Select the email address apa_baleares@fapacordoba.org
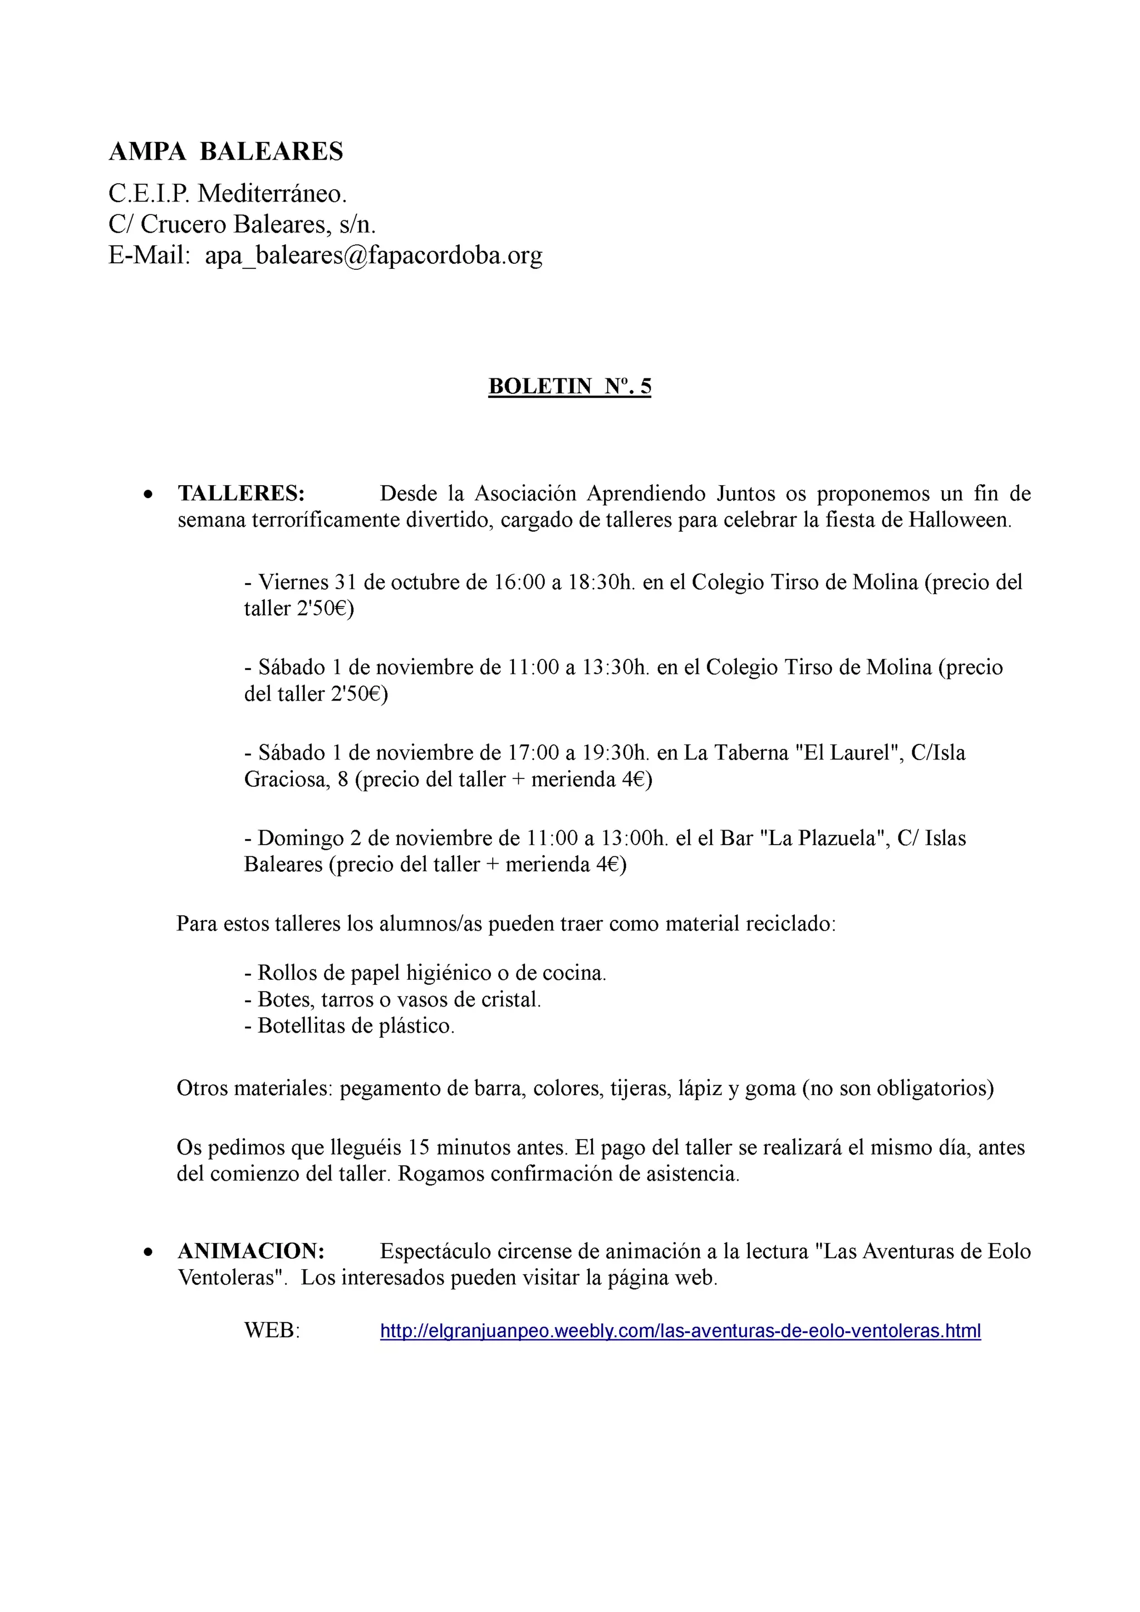[373, 255]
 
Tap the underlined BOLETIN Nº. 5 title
[569, 386]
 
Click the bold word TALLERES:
[241, 494]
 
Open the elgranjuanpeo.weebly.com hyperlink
[680, 1330]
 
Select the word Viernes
[293, 582]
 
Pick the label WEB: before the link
[272, 1330]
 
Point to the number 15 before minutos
[418, 1148]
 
